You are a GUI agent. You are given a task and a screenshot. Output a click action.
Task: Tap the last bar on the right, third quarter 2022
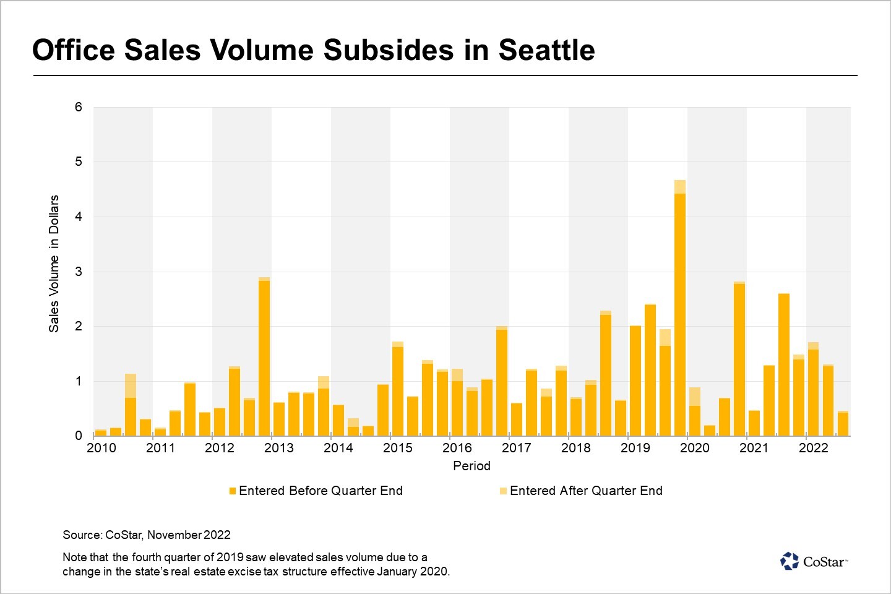click(843, 424)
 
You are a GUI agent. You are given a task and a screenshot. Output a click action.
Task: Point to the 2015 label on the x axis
click(397, 448)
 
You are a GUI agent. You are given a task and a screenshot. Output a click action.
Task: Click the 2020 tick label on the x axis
click(694, 448)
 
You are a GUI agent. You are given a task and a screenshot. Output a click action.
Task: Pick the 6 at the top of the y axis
click(79, 107)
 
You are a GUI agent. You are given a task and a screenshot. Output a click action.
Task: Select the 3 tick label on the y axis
click(79, 272)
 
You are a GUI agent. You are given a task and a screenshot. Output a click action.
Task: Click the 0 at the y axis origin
click(79, 436)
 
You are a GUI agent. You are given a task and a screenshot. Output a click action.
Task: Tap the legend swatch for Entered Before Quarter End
click(233, 491)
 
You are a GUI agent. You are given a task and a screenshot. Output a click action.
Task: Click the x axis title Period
click(471, 466)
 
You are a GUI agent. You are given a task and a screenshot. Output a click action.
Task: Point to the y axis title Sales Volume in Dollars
click(54, 264)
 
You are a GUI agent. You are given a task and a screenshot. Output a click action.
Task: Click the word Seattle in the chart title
click(546, 50)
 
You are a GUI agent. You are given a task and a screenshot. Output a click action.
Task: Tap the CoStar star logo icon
click(790, 561)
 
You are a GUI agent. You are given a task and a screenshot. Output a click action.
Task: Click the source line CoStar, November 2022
click(147, 535)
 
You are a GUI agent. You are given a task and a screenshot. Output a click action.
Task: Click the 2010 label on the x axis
click(101, 448)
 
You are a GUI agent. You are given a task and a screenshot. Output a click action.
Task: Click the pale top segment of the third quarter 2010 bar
click(131, 385)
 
